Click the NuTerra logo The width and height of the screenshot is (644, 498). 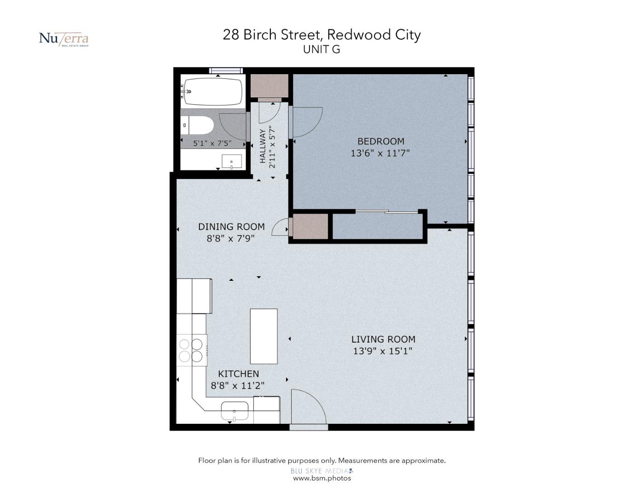pyautogui.click(x=64, y=39)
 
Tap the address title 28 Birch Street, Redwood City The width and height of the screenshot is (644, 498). pyautogui.click(x=322, y=35)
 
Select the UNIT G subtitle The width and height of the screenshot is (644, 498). pyautogui.click(x=322, y=49)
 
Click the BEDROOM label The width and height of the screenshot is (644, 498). pyautogui.click(x=381, y=141)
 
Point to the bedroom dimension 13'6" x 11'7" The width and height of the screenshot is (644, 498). pyautogui.click(x=380, y=153)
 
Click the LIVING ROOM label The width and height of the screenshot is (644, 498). pyautogui.click(x=383, y=339)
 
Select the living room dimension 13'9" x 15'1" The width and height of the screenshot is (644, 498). pyautogui.click(x=383, y=351)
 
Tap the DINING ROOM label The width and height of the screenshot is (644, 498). pyautogui.click(x=231, y=226)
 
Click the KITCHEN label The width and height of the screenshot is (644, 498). pyautogui.click(x=239, y=373)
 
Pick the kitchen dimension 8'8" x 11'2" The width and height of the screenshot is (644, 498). pyautogui.click(x=238, y=385)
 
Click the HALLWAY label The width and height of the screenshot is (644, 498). pyautogui.click(x=263, y=146)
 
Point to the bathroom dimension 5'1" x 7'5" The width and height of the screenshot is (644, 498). pyautogui.click(x=212, y=143)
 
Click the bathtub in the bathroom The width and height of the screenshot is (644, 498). pyautogui.click(x=211, y=91)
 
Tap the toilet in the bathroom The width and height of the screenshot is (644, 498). pyautogui.click(x=197, y=125)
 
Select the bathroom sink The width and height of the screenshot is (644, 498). pyautogui.click(x=232, y=162)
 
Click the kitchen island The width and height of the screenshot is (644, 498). pyautogui.click(x=264, y=336)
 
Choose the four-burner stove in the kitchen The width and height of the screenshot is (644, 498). pyautogui.click(x=192, y=350)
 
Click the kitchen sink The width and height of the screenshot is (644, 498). pyautogui.click(x=235, y=411)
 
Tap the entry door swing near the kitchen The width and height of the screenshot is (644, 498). pyautogui.click(x=309, y=406)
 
